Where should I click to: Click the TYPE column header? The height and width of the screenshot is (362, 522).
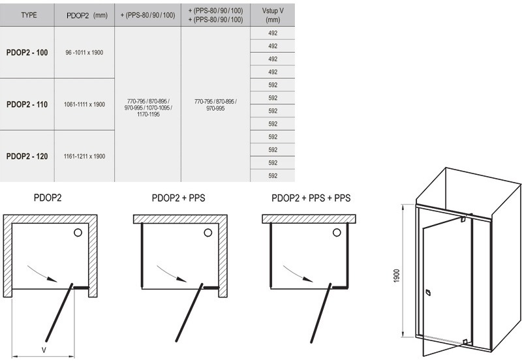(x=29, y=15)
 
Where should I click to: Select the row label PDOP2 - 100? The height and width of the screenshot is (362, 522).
(x=27, y=53)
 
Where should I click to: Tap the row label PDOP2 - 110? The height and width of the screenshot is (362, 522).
(x=27, y=104)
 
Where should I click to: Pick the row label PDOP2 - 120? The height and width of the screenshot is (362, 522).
(x=27, y=157)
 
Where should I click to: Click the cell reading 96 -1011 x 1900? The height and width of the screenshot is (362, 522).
(x=84, y=53)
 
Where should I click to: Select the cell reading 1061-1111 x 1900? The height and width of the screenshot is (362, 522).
(x=84, y=104)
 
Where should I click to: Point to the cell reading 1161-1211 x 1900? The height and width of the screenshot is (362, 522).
(x=84, y=157)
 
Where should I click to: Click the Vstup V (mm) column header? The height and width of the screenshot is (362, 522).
(x=273, y=15)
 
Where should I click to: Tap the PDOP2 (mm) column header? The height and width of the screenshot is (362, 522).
(x=87, y=16)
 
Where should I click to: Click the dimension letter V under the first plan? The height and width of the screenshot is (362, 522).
(x=44, y=350)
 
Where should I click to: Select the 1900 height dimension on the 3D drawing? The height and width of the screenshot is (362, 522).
(x=396, y=276)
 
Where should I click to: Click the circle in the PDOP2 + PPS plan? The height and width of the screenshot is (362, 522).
(x=208, y=233)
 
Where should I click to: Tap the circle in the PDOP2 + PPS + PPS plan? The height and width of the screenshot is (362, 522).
(x=337, y=232)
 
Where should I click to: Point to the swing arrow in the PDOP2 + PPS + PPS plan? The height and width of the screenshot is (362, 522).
(x=297, y=272)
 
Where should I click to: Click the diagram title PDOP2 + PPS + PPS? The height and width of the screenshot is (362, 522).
(x=311, y=198)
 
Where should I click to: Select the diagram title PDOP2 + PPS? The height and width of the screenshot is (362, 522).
(x=178, y=198)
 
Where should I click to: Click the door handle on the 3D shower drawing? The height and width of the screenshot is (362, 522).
(x=428, y=293)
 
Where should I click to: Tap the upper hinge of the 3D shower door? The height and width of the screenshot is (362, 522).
(x=463, y=219)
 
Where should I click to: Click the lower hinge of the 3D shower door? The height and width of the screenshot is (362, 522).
(x=465, y=341)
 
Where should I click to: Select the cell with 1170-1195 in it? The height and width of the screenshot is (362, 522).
(x=148, y=108)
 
